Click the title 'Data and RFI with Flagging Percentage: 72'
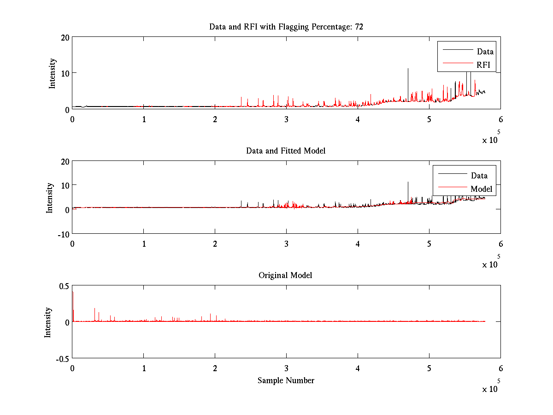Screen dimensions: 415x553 286,27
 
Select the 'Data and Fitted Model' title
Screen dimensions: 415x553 286,151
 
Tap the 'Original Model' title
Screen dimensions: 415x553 285,275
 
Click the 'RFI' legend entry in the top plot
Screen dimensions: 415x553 483,65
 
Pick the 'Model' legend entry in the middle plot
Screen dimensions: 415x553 481,189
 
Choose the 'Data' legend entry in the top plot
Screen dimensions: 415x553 485,52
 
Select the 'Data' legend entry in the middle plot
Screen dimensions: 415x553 479,176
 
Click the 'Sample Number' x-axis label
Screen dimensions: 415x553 286,380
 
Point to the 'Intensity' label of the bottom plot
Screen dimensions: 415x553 48,322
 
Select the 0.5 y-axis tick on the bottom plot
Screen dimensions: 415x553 64,286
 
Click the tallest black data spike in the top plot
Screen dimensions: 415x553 408,69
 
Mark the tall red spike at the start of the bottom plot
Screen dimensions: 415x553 73,293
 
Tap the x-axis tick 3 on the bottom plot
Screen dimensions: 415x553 286,368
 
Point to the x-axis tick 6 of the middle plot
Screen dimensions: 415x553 500,244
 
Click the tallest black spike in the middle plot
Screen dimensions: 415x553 408,183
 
